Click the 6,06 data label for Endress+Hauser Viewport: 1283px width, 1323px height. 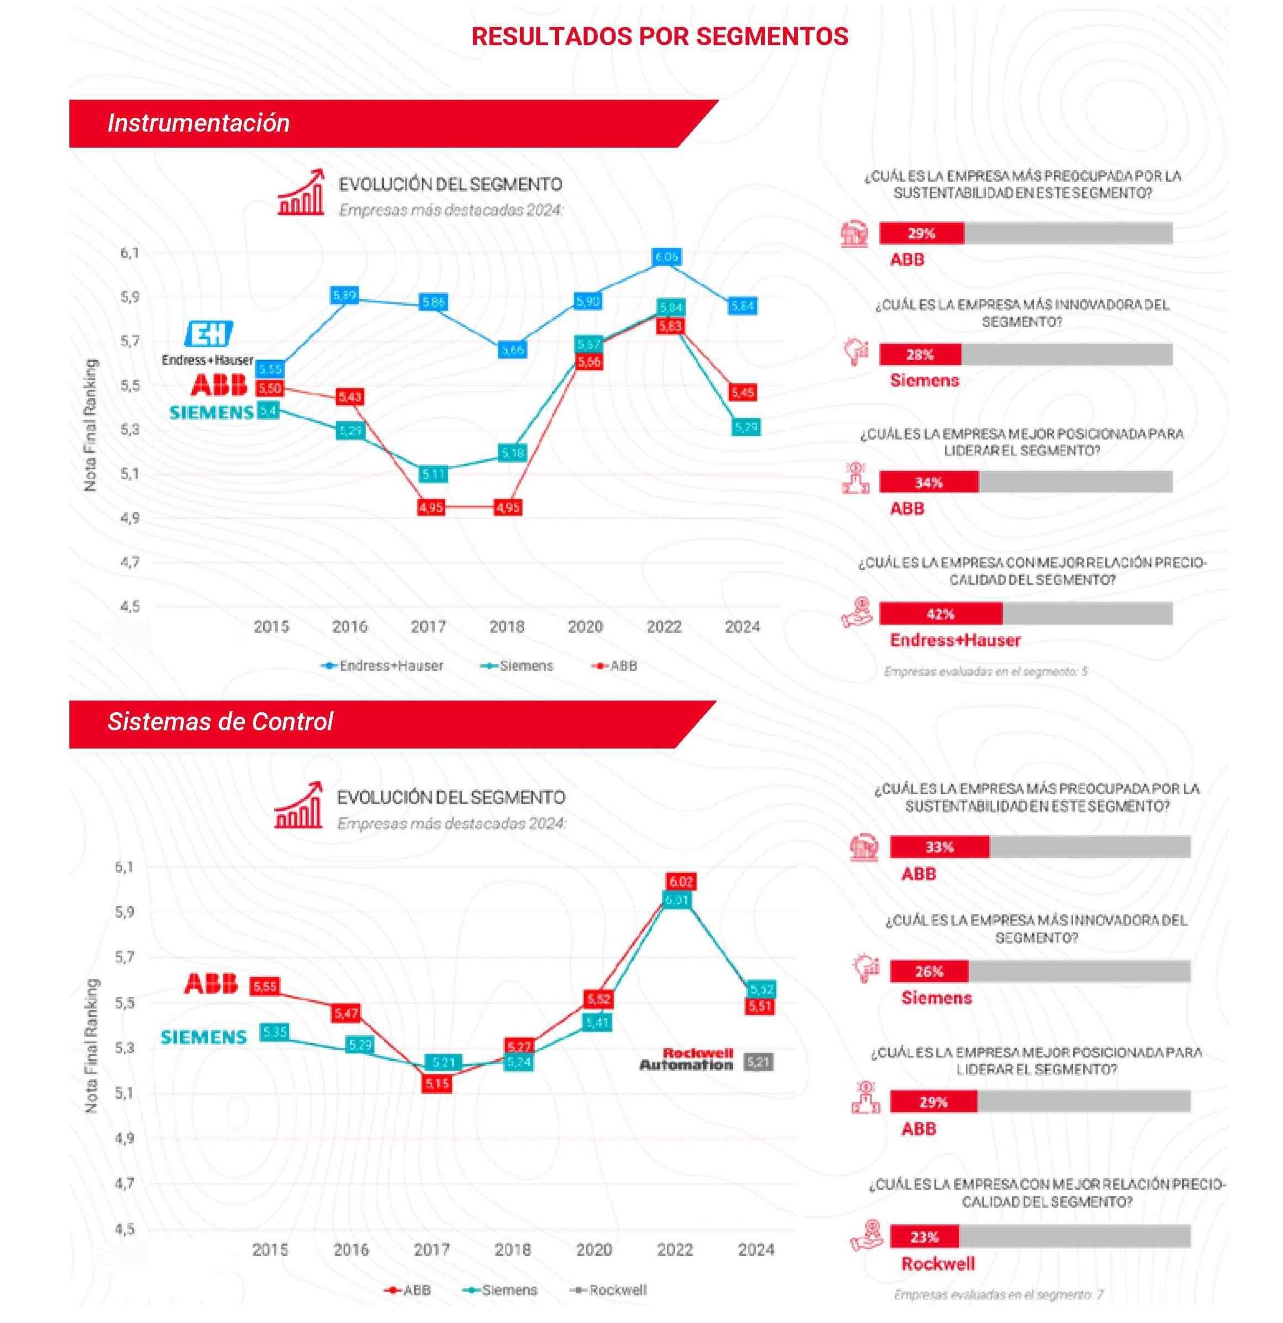coord(666,257)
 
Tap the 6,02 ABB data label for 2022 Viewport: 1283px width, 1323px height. coord(680,882)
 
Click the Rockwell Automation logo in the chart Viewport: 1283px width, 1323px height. coord(687,1059)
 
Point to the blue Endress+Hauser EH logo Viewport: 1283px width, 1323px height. coord(209,333)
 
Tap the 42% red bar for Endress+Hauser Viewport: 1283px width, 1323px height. coord(940,614)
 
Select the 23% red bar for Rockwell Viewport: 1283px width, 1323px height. coord(924,1237)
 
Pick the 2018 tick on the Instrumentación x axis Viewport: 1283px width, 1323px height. coord(507,626)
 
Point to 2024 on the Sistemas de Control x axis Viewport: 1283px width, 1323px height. coord(756,1249)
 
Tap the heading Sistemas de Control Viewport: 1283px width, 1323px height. coord(220,722)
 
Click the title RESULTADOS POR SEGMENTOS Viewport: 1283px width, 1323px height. coord(659,36)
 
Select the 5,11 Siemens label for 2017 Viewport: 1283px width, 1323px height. coord(433,474)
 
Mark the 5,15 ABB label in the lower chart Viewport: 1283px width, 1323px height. coord(437,1083)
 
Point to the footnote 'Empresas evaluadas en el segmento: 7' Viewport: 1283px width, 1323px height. coord(998,1294)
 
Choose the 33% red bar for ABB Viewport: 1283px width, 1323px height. coord(939,847)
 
